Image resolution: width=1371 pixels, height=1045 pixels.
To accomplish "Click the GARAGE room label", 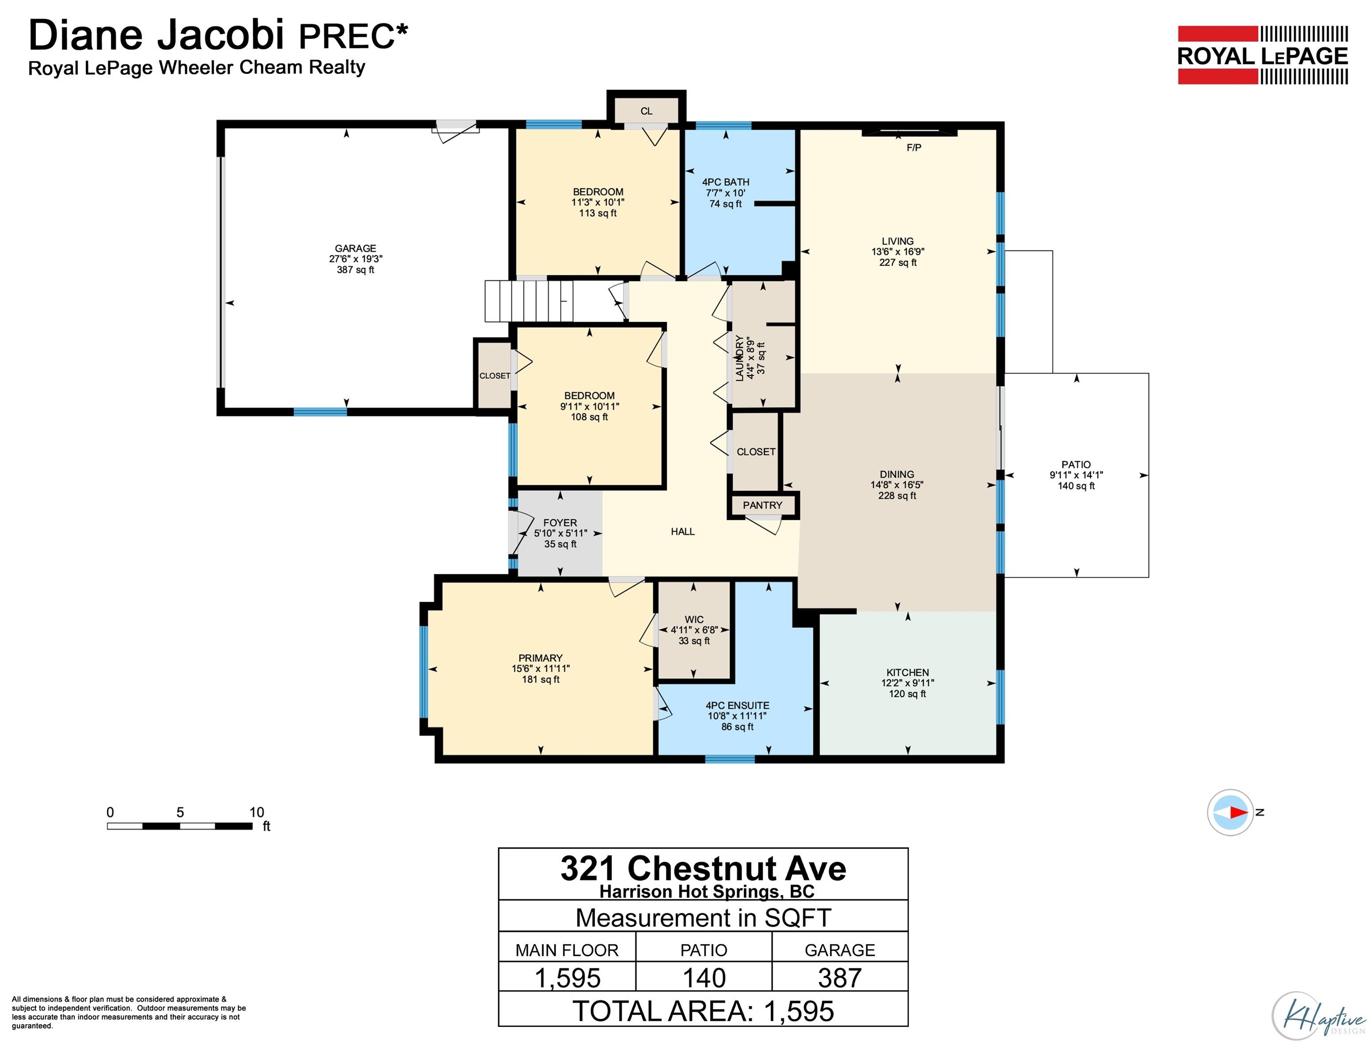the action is point(355,248).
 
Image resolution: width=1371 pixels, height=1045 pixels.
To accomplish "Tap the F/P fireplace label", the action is point(914,147).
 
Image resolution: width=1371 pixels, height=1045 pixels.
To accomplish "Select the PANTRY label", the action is point(762,505).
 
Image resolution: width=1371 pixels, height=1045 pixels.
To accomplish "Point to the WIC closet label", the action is point(694,620).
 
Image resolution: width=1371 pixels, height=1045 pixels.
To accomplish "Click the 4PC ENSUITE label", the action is point(737,705).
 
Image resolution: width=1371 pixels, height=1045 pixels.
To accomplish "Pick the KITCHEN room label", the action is point(907,673).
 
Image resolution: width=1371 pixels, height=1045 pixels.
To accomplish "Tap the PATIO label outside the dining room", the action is point(1076,464).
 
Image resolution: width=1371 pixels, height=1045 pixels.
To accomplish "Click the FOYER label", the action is point(560,523).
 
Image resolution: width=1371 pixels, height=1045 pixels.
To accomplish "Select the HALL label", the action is point(682,531).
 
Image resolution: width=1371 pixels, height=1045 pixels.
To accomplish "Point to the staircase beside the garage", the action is point(529,301).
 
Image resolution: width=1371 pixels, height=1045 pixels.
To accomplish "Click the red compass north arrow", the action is point(1239,812).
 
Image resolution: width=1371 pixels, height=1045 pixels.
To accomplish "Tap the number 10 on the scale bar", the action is point(256,812).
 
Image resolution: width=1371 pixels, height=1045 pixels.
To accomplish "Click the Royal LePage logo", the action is point(1263,55).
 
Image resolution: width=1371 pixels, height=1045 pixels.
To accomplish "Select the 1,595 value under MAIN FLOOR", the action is point(567,978).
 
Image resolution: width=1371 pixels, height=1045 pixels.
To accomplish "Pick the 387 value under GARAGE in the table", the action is point(840,978).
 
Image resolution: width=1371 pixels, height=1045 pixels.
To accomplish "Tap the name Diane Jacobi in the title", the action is point(156,35).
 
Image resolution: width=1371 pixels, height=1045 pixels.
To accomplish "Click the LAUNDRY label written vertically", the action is point(739,358).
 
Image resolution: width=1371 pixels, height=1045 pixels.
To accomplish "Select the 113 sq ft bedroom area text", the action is point(598,213).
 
